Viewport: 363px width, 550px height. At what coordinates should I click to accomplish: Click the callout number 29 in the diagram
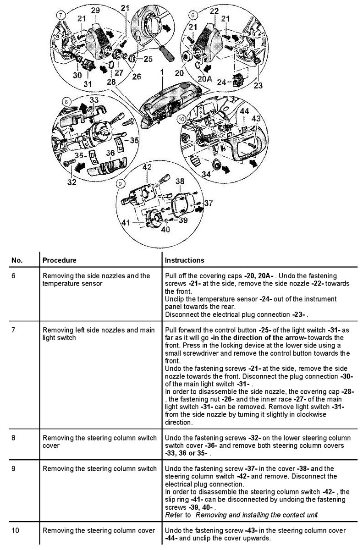(95, 11)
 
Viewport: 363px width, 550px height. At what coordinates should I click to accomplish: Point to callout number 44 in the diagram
(245, 111)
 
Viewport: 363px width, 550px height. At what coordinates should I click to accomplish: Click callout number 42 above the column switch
(146, 167)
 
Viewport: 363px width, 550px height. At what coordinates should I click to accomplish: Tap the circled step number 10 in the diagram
(182, 118)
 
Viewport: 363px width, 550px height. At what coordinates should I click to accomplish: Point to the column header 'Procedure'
(59, 260)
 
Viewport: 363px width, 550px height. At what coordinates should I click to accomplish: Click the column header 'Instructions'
(184, 260)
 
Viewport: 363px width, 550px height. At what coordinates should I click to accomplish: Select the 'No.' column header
(17, 260)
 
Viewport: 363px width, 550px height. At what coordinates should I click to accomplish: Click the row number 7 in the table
(14, 330)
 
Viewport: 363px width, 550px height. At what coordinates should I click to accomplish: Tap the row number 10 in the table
(16, 531)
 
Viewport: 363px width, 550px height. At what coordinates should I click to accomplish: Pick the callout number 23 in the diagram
(258, 85)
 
